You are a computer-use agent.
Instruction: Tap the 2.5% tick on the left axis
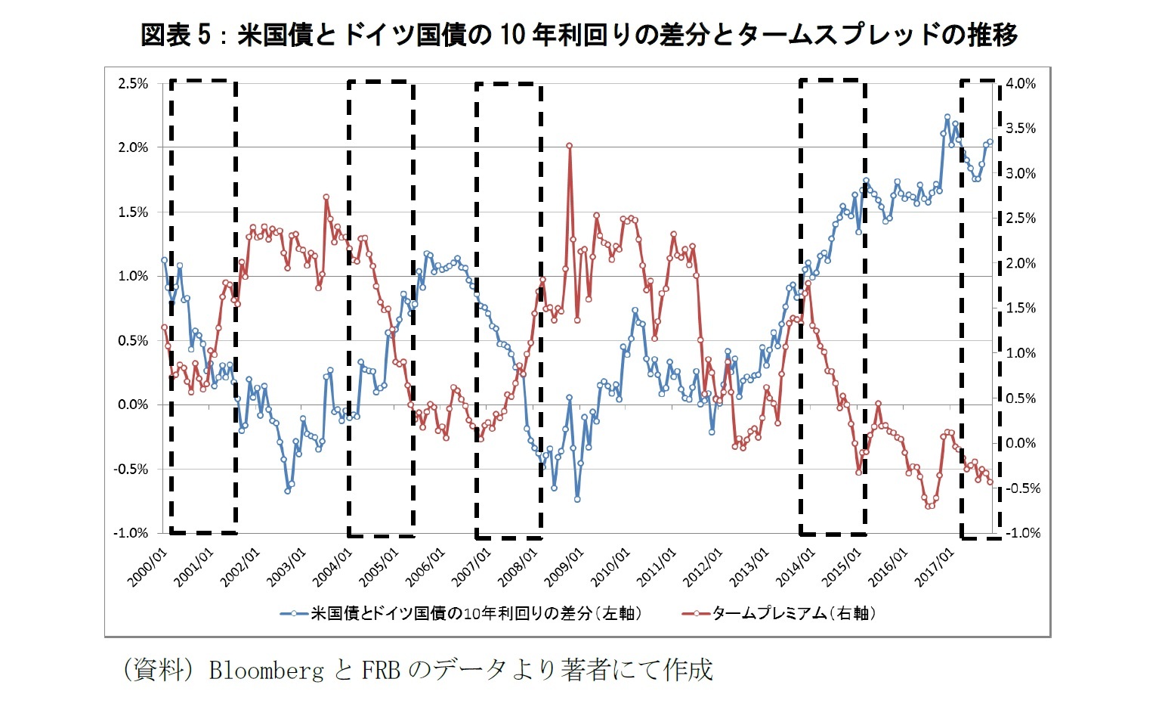[x=133, y=83]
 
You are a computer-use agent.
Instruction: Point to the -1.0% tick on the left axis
[x=131, y=533]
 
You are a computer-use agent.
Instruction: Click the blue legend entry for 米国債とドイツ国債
[x=461, y=613]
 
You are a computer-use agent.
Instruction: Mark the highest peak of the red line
[x=569, y=146]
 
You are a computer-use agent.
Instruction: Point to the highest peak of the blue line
[x=947, y=117]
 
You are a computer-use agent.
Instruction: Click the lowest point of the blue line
[x=577, y=499]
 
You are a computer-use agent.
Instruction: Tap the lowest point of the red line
[x=929, y=506]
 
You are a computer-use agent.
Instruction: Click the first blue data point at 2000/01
[x=164, y=259]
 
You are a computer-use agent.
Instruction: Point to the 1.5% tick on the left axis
[x=133, y=212]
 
